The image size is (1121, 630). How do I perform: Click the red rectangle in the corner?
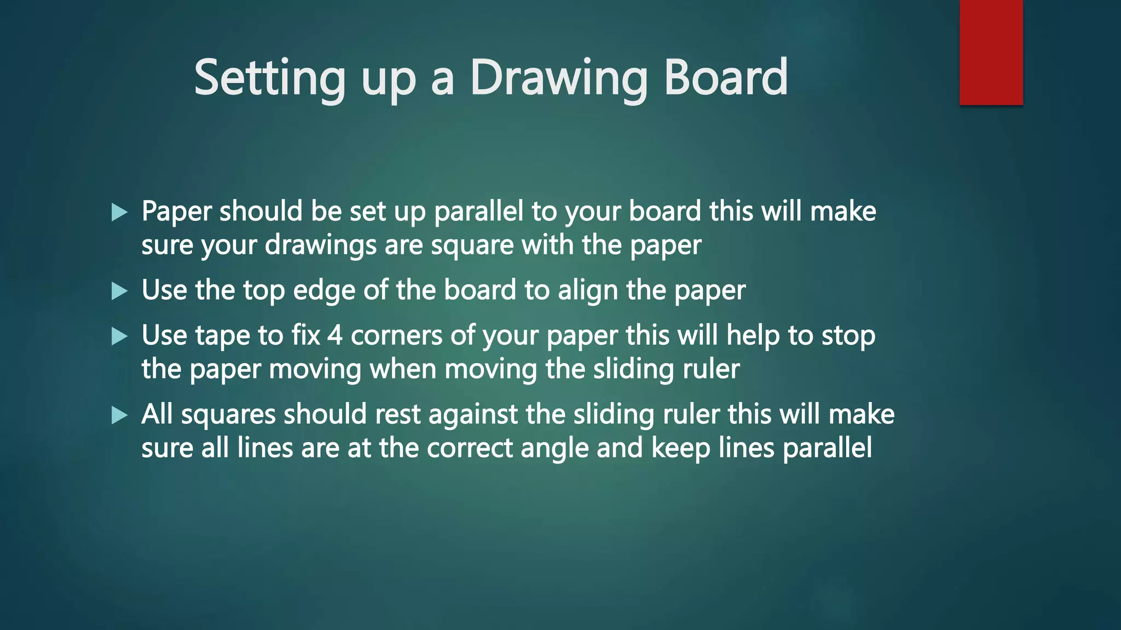991,52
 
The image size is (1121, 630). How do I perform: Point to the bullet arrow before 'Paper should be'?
119,212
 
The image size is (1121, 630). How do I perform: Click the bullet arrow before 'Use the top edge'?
119,291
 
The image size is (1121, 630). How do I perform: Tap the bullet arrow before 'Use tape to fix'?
119,336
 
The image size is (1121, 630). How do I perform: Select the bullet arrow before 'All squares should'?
119,415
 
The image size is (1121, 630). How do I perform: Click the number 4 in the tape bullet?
335,335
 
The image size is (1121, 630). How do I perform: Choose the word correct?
469,448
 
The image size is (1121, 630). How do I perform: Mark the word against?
473,415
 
